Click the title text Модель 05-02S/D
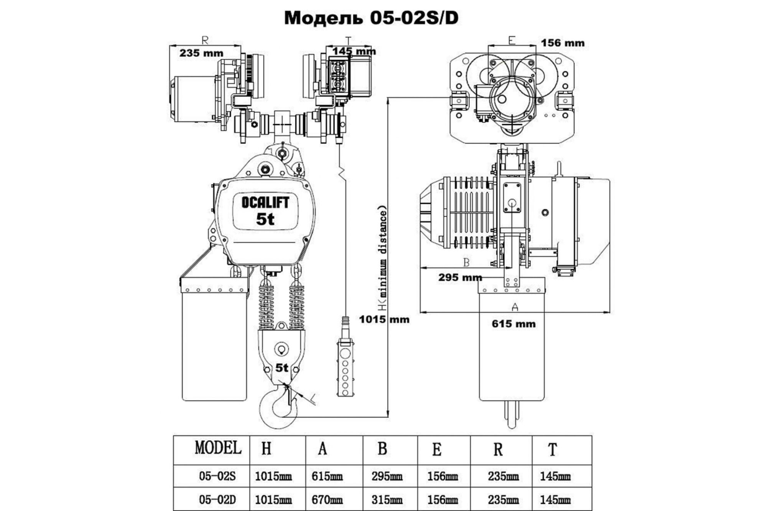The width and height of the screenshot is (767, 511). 371,18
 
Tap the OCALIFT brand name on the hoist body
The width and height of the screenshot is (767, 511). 265,202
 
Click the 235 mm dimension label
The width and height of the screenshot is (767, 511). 201,53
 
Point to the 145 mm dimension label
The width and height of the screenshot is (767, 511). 354,51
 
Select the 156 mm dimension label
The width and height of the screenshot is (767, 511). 562,43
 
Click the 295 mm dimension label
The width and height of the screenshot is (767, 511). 460,277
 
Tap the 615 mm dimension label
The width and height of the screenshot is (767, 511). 514,324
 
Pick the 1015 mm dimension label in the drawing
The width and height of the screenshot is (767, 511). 384,319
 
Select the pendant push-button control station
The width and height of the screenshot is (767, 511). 345,368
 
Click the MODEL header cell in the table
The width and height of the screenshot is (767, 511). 218,448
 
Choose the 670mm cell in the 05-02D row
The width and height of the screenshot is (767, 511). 327,499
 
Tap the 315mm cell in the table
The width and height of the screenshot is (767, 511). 387,499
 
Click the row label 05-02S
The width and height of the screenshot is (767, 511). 217,476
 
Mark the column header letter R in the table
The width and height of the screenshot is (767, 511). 498,449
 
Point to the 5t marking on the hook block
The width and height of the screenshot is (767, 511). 281,368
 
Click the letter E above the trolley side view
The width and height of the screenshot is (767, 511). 512,40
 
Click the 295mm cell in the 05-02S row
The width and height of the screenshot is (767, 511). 387,476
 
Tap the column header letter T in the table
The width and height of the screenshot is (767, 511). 552,449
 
